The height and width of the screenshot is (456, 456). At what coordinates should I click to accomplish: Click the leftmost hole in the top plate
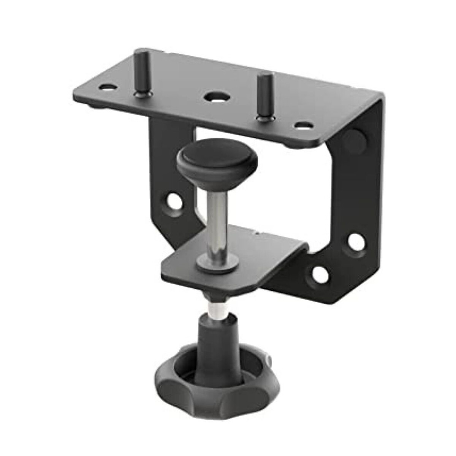point(107,87)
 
